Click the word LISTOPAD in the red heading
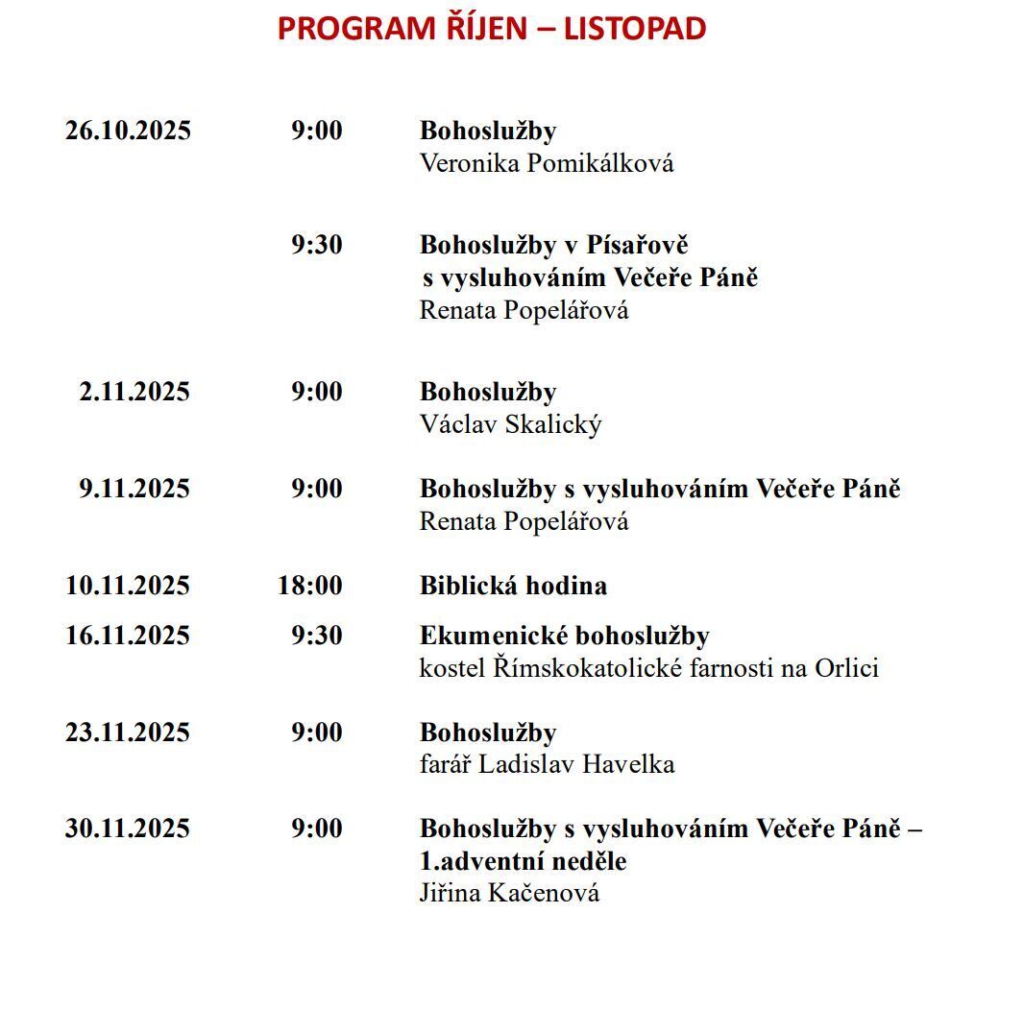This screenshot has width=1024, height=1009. coord(634,29)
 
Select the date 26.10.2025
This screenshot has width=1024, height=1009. coord(128,131)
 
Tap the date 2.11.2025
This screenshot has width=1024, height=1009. coord(134,392)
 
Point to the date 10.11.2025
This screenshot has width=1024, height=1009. coord(128,586)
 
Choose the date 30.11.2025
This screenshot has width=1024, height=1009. coord(128,829)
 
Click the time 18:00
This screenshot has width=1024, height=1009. coord(309,586)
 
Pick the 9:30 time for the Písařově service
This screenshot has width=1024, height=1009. coord(317,245)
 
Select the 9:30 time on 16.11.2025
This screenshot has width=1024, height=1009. coord(317,636)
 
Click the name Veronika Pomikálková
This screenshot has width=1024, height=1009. coord(547,163)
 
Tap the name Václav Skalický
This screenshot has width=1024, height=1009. coord(510,424)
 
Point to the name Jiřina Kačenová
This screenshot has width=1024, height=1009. coord(509,894)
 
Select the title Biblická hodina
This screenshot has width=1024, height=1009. coord(513,586)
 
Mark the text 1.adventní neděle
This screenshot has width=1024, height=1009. coord(523,861)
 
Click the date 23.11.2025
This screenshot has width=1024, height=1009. coord(128,733)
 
